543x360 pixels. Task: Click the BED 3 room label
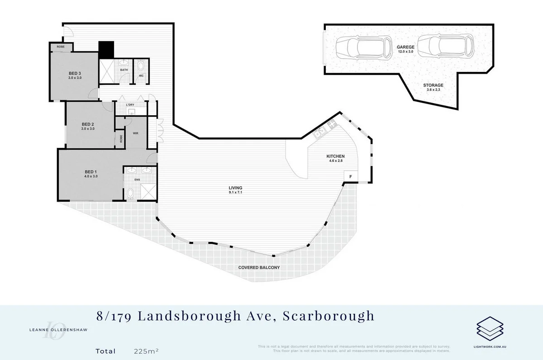[75, 73]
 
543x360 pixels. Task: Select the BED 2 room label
[87, 124]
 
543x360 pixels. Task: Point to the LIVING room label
[235, 188]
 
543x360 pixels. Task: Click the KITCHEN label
[335, 156]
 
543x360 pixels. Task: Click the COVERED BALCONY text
[259, 267]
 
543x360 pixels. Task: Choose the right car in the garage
[445, 47]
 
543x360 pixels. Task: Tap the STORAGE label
[433, 85]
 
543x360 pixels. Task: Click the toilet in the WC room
[140, 65]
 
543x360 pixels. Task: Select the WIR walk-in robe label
[135, 133]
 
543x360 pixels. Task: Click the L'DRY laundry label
[130, 105]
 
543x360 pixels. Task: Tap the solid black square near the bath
[107, 50]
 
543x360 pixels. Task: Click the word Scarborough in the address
[329, 315]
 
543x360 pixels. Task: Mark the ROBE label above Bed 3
[60, 47]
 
